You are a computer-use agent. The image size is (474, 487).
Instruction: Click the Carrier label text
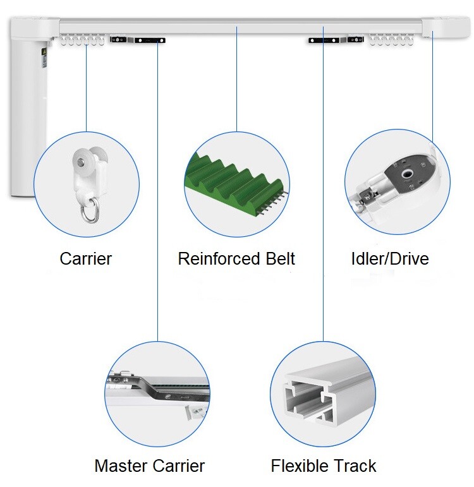(x=86, y=258)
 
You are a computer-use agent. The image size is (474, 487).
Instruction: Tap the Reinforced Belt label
(x=236, y=258)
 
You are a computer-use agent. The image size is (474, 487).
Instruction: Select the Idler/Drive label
(x=389, y=258)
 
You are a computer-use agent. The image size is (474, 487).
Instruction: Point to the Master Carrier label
(x=150, y=466)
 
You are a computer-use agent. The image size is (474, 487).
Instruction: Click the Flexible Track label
(x=324, y=466)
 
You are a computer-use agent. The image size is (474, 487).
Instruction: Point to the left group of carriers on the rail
(x=82, y=40)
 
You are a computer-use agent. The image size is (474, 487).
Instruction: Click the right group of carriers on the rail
(x=391, y=40)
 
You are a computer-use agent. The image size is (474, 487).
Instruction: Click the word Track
(x=355, y=466)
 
